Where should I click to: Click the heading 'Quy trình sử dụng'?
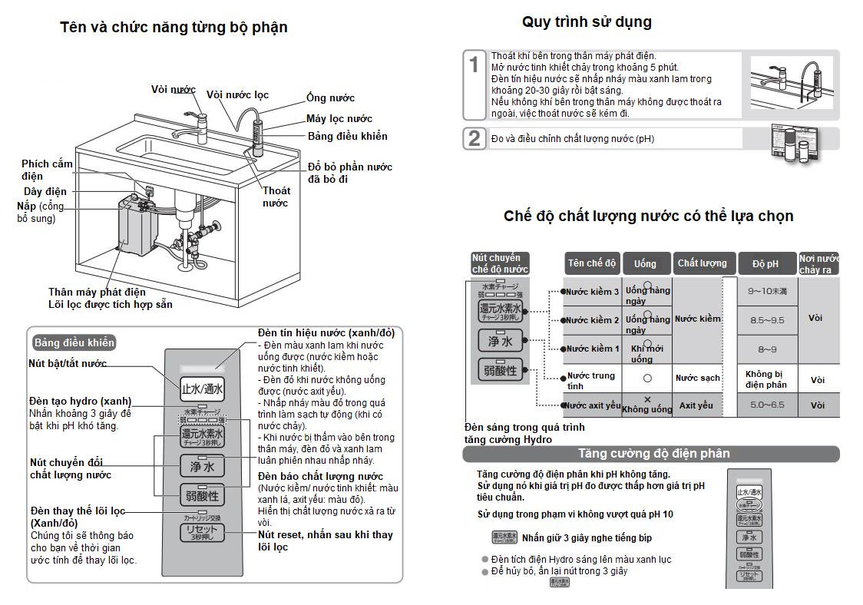[x=587, y=21]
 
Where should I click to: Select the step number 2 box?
[x=474, y=138]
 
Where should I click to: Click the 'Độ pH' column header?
[x=765, y=263]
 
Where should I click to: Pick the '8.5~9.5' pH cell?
[x=767, y=320]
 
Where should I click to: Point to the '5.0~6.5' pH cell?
[x=767, y=405]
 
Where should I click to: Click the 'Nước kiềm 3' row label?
[x=592, y=292]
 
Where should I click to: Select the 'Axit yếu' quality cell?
[x=696, y=405]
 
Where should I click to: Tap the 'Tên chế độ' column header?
[x=592, y=263]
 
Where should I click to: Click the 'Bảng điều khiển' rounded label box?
[x=74, y=342]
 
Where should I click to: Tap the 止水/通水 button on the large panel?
[x=202, y=388]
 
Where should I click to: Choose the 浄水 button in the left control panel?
[x=202, y=464]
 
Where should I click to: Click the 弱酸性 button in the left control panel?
[x=202, y=495]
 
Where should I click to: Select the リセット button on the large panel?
[x=202, y=532]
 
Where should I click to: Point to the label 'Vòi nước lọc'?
[x=238, y=95]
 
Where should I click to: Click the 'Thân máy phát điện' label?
[x=97, y=292]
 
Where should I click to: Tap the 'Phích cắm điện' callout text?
[x=47, y=170]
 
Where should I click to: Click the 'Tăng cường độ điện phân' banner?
[x=653, y=454]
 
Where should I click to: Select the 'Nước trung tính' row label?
[x=591, y=380]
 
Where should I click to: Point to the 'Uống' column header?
[x=646, y=263]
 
